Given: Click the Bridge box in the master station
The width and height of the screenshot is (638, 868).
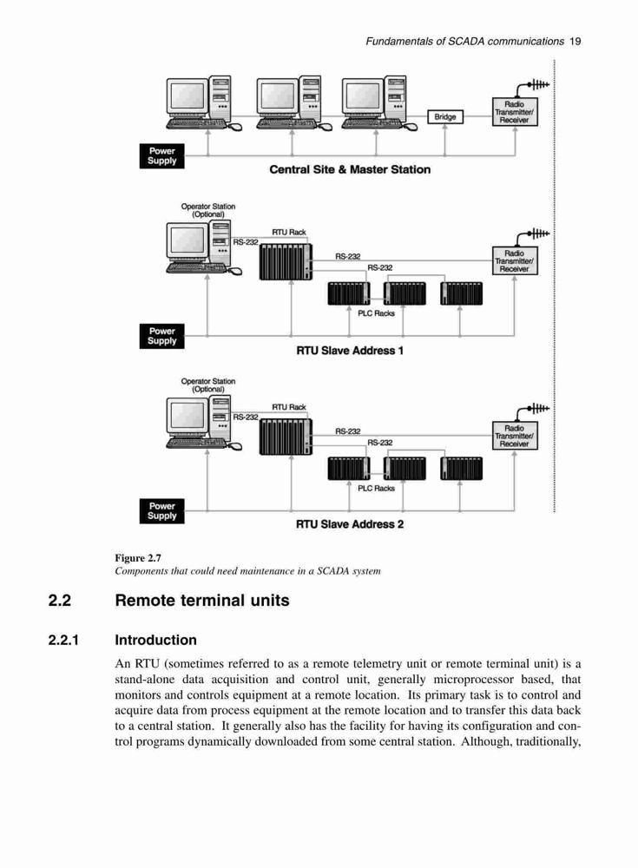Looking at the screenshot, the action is pyautogui.click(x=445, y=117).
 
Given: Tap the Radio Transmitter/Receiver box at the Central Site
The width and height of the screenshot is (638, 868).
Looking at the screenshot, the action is pyautogui.click(x=515, y=112).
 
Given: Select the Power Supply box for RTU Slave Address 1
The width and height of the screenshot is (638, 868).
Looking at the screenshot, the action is pyautogui.click(x=161, y=336).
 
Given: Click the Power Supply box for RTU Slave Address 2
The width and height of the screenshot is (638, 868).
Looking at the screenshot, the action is pyautogui.click(x=161, y=511).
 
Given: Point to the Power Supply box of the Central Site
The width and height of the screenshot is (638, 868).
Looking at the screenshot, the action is pyautogui.click(x=161, y=156).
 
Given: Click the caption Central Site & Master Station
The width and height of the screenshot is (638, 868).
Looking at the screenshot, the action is pyautogui.click(x=350, y=169).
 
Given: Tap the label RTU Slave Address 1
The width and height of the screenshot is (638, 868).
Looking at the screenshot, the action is pyautogui.click(x=350, y=351).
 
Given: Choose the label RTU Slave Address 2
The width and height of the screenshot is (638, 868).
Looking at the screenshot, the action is pyautogui.click(x=350, y=524).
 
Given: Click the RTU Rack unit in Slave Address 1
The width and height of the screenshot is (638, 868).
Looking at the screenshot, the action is pyautogui.click(x=286, y=261).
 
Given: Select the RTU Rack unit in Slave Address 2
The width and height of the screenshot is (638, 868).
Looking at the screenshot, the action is pyautogui.click(x=286, y=437).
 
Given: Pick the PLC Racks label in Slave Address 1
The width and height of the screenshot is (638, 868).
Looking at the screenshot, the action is pyautogui.click(x=376, y=313).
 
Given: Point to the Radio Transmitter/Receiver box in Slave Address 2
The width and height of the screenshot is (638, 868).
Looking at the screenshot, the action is pyautogui.click(x=515, y=436).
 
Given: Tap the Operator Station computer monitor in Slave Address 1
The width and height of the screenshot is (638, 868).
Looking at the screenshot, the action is pyautogui.click(x=187, y=240).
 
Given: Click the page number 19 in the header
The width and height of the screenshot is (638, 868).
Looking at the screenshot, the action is pyautogui.click(x=575, y=41).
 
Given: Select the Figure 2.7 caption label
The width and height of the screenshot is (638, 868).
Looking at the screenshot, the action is pyautogui.click(x=138, y=558).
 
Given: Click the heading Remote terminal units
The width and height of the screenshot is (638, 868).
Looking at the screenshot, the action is pyautogui.click(x=202, y=601).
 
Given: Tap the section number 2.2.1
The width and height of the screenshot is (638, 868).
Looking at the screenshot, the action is pyautogui.click(x=63, y=641).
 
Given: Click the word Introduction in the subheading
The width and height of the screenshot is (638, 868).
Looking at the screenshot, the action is pyautogui.click(x=155, y=641).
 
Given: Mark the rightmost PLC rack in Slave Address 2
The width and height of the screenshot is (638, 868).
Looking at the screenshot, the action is pyautogui.click(x=461, y=469).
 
